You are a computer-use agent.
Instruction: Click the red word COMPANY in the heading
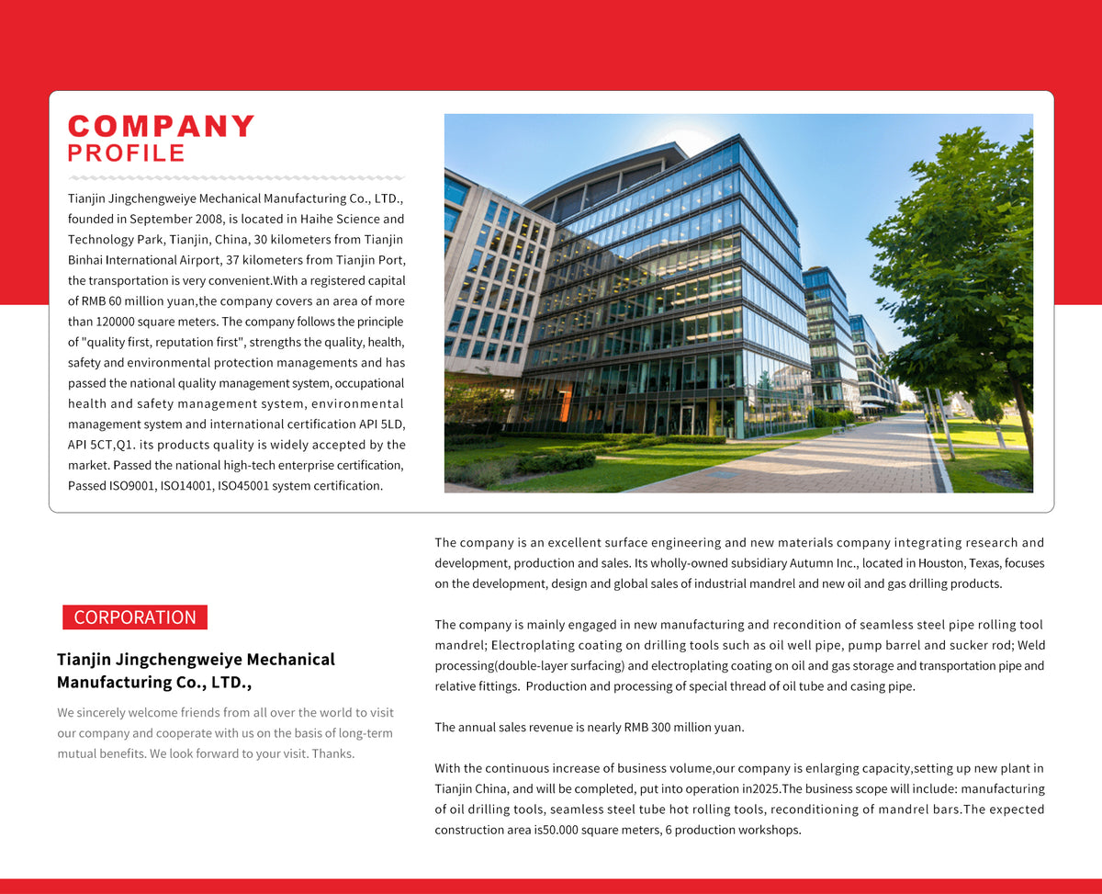click(x=162, y=127)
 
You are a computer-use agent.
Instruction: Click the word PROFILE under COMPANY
click(x=127, y=153)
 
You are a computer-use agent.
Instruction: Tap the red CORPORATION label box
click(x=135, y=617)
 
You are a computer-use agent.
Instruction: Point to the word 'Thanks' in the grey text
click(x=333, y=753)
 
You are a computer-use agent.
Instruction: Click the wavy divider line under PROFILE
click(x=237, y=177)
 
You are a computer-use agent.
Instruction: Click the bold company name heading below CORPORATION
click(x=196, y=671)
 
